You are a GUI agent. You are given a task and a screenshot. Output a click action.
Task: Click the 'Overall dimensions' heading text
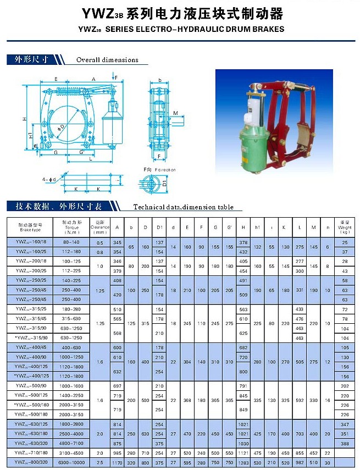(107, 60)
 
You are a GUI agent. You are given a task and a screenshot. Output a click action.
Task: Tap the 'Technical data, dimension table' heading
(183, 207)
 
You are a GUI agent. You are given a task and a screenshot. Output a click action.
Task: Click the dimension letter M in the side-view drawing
(175, 113)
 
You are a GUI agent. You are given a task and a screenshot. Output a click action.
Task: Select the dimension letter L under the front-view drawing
(90, 159)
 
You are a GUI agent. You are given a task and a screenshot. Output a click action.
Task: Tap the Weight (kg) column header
(344, 226)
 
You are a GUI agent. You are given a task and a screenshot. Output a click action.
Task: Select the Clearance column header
(99, 226)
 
